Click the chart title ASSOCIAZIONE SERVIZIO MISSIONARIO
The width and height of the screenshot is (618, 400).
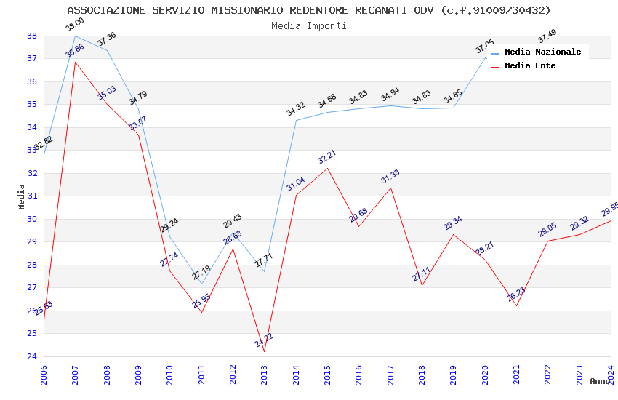pos(309,10)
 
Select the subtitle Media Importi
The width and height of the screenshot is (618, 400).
pos(309,25)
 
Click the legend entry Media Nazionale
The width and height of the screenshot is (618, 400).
pos(542,52)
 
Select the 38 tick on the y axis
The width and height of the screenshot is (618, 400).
pos(32,36)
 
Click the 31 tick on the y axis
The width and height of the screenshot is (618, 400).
pos(32,196)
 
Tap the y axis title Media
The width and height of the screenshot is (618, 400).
pos(22,196)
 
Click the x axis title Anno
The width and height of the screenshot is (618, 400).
pos(600,381)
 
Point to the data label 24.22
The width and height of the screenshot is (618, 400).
pos(264,340)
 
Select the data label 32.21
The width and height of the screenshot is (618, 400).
pos(327,156)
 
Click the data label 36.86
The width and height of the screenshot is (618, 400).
pos(75,50)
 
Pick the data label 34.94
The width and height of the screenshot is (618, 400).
pos(390,95)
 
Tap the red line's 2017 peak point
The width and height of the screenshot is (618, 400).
pos(390,188)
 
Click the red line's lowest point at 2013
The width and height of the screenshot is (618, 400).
pos(264,352)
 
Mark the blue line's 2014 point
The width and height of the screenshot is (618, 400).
pos(296,120)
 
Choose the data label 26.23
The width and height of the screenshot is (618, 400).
pos(516,294)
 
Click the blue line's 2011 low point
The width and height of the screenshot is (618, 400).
pos(201,284)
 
